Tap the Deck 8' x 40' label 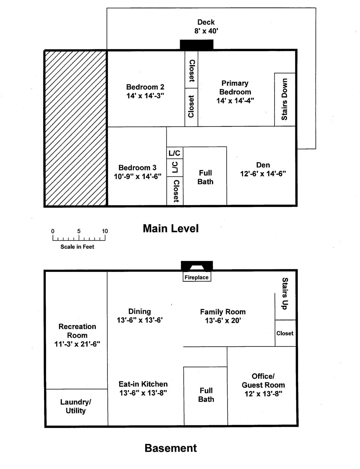point(206,27)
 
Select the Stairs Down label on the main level point(285,99)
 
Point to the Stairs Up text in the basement point(285,293)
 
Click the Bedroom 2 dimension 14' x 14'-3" point(145,96)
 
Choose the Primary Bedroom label point(235,87)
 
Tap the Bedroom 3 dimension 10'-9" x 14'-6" point(137,176)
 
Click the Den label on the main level point(263,165)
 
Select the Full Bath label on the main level point(205,177)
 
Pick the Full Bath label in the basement point(206,395)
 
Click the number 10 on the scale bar point(105,231)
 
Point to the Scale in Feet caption point(77,247)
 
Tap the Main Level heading point(171,228)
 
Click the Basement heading point(171,448)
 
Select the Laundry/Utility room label point(75,406)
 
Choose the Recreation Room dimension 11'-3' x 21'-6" point(77,344)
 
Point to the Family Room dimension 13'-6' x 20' point(223,321)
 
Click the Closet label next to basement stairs point(285,333)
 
